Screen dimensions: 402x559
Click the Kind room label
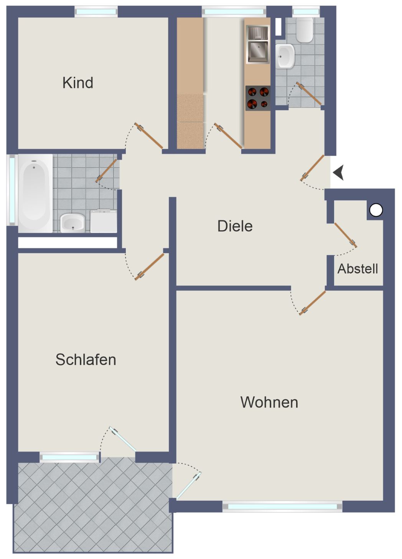tap(78, 82)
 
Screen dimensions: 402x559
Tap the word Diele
tap(235, 226)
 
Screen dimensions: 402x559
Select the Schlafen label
tap(86, 359)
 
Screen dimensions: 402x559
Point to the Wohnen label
tap(269, 402)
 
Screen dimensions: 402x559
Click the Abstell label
tap(358, 269)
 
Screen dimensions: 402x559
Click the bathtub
tap(35, 193)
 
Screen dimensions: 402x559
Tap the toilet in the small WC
tap(305, 30)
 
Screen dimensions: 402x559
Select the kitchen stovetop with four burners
tap(258, 98)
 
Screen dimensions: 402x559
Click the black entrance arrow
tap(338, 172)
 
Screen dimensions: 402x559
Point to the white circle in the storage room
tap(376, 210)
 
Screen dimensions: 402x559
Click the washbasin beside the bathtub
tap(72, 223)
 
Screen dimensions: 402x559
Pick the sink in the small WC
tap(285, 56)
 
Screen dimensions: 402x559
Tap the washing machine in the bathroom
tap(104, 221)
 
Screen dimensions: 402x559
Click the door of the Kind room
tap(149, 136)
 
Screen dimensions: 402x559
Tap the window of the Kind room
tap(96, 12)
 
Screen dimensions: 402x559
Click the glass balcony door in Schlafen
tap(122, 439)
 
